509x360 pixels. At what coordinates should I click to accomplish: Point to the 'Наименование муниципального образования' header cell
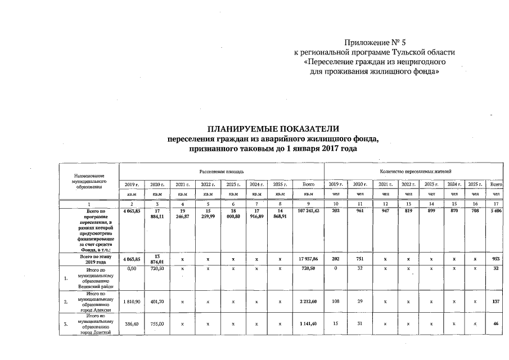pos(89,182)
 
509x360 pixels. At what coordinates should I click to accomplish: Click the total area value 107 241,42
pos(308,210)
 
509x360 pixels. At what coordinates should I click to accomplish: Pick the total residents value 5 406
pos(496,210)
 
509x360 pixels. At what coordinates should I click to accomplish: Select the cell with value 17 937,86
pos(308,259)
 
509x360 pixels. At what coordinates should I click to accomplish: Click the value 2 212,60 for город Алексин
pos(308,301)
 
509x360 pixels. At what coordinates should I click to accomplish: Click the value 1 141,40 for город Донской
pos(308,325)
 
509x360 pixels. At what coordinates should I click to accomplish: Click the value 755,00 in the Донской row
pos(153,325)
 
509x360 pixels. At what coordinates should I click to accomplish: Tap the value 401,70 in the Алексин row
pos(153,301)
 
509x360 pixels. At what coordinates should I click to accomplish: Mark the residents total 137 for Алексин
pos(496,301)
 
